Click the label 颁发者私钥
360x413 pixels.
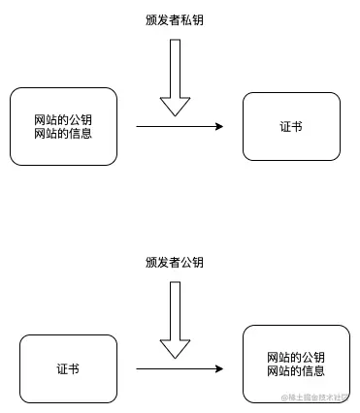[175, 20]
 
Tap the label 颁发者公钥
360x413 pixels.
[175, 262]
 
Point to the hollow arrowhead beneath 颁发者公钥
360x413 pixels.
[175, 348]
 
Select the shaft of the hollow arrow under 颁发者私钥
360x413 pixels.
[175, 68]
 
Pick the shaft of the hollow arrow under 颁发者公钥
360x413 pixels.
[175, 309]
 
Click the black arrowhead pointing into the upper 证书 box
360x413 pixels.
[218, 127]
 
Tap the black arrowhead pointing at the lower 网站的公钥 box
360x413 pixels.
[218, 368]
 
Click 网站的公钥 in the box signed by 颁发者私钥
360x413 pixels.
[63, 119]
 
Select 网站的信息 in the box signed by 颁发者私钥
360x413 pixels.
[63, 133]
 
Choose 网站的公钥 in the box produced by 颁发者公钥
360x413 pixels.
[295, 359]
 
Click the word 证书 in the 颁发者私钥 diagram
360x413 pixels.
[290, 127]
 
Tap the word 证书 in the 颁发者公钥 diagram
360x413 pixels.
[68, 368]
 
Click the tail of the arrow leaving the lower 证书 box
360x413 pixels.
[139, 368]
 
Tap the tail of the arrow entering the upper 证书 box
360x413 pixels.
[139, 127]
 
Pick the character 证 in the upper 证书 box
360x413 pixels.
[284, 127]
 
